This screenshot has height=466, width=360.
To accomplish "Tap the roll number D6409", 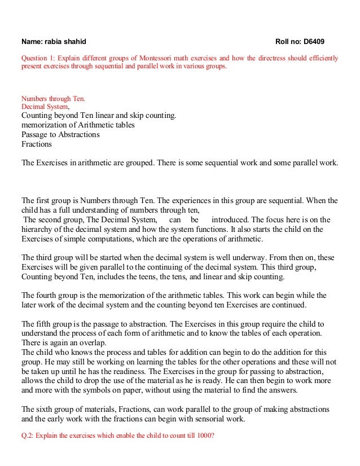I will (314, 42).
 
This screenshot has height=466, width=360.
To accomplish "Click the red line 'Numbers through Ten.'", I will (54, 98).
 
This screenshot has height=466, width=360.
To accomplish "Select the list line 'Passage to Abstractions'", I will (60, 135).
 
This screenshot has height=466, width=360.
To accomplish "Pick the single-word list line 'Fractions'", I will (36, 144).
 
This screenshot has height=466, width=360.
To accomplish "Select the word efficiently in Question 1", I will (320, 58).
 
